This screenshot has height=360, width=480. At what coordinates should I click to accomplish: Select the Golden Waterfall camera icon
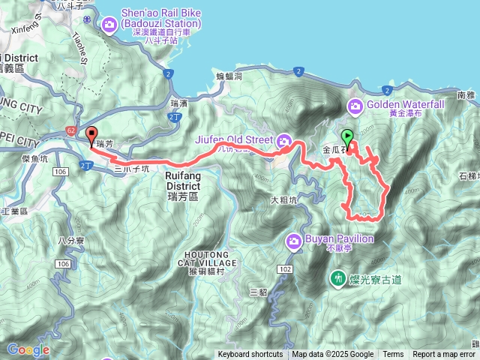354,106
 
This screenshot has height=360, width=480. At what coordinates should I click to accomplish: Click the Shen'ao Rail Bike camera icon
110,26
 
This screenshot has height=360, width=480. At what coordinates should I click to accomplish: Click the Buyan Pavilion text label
338,239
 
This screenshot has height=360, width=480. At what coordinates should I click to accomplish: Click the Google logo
28,349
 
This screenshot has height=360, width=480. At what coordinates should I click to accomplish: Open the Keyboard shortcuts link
250,355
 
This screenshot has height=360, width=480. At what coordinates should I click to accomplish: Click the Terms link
393,355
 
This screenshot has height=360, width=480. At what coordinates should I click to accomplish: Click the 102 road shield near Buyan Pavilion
284,268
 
